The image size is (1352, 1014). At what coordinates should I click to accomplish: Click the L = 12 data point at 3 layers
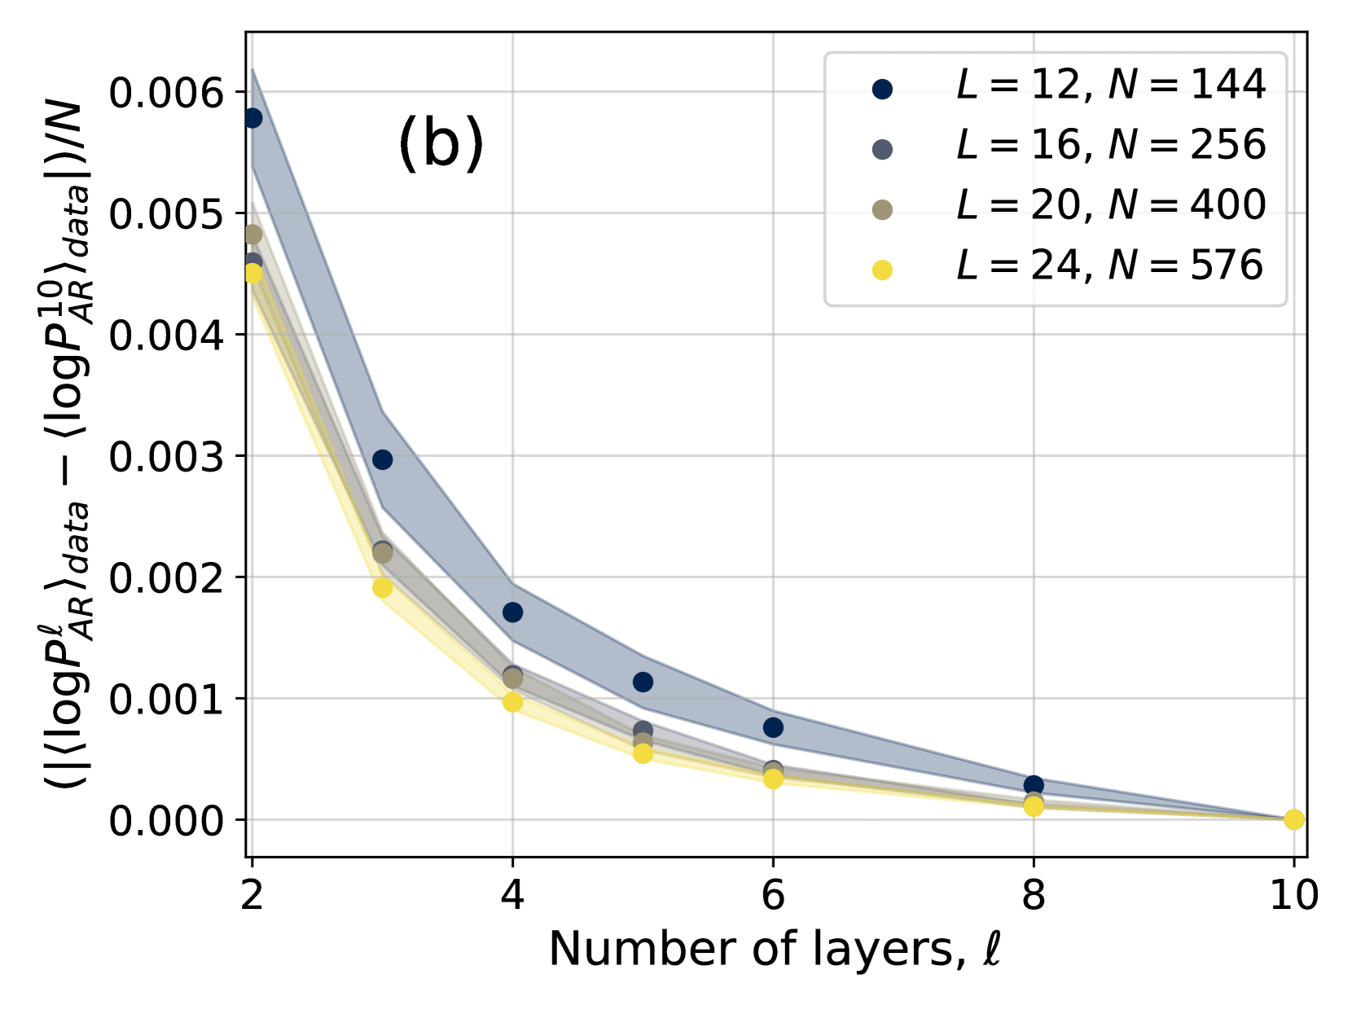(x=382, y=459)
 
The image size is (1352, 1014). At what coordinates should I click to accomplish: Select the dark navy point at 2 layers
(x=252, y=118)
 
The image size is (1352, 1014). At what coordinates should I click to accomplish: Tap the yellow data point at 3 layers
(x=382, y=587)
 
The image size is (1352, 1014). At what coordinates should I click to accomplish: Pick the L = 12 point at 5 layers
(x=643, y=682)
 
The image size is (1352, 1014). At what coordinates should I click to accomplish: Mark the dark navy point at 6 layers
(x=773, y=727)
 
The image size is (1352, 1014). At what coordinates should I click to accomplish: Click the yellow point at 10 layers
(x=1294, y=819)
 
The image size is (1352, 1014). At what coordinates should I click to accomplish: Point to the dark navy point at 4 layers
(x=512, y=612)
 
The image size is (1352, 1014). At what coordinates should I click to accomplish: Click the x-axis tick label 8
(x=1034, y=896)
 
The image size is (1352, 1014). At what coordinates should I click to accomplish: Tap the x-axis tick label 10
(x=1294, y=896)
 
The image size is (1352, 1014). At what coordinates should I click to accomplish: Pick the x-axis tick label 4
(x=512, y=896)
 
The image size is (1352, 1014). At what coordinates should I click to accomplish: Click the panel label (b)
(x=441, y=144)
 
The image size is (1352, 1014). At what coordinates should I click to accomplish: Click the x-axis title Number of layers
(x=775, y=950)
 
